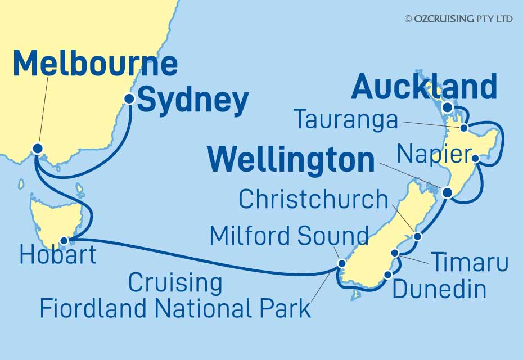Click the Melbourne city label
tap(94, 64)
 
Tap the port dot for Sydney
tap(129, 99)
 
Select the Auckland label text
tap(424, 88)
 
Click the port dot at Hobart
tap(64, 241)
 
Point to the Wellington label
tap(291, 161)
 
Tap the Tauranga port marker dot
tap(464, 128)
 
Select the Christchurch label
tap(313, 199)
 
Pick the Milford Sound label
tap(289, 236)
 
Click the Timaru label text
tap(469, 263)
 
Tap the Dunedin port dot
tap(389, 274)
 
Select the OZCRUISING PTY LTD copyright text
tap(458, 19)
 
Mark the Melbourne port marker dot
tap(38, 148)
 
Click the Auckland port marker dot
tap(447, 107)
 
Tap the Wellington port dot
tap(447, 192)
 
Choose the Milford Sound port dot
tap(341, 263)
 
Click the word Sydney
tap(193, 101)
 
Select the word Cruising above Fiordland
tap(175, 283)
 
